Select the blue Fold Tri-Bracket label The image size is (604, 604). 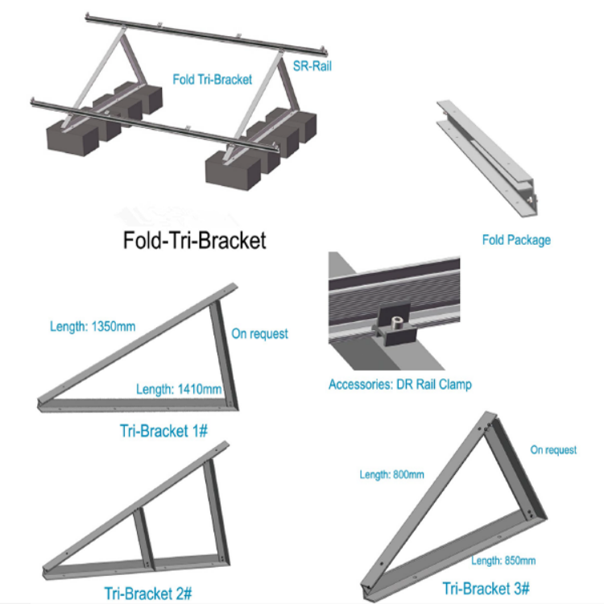tap(213, 79)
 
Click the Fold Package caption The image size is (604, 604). tap(516, 239)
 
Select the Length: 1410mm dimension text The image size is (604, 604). tap(179, 389)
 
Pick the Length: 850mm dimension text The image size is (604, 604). tap(503, 560)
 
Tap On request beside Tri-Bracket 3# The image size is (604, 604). tap(553, 449)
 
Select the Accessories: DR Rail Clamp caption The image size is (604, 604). tap(399, 384)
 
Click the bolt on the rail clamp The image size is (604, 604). tap(397, 326)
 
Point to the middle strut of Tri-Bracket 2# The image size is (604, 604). tap(144, 531)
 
